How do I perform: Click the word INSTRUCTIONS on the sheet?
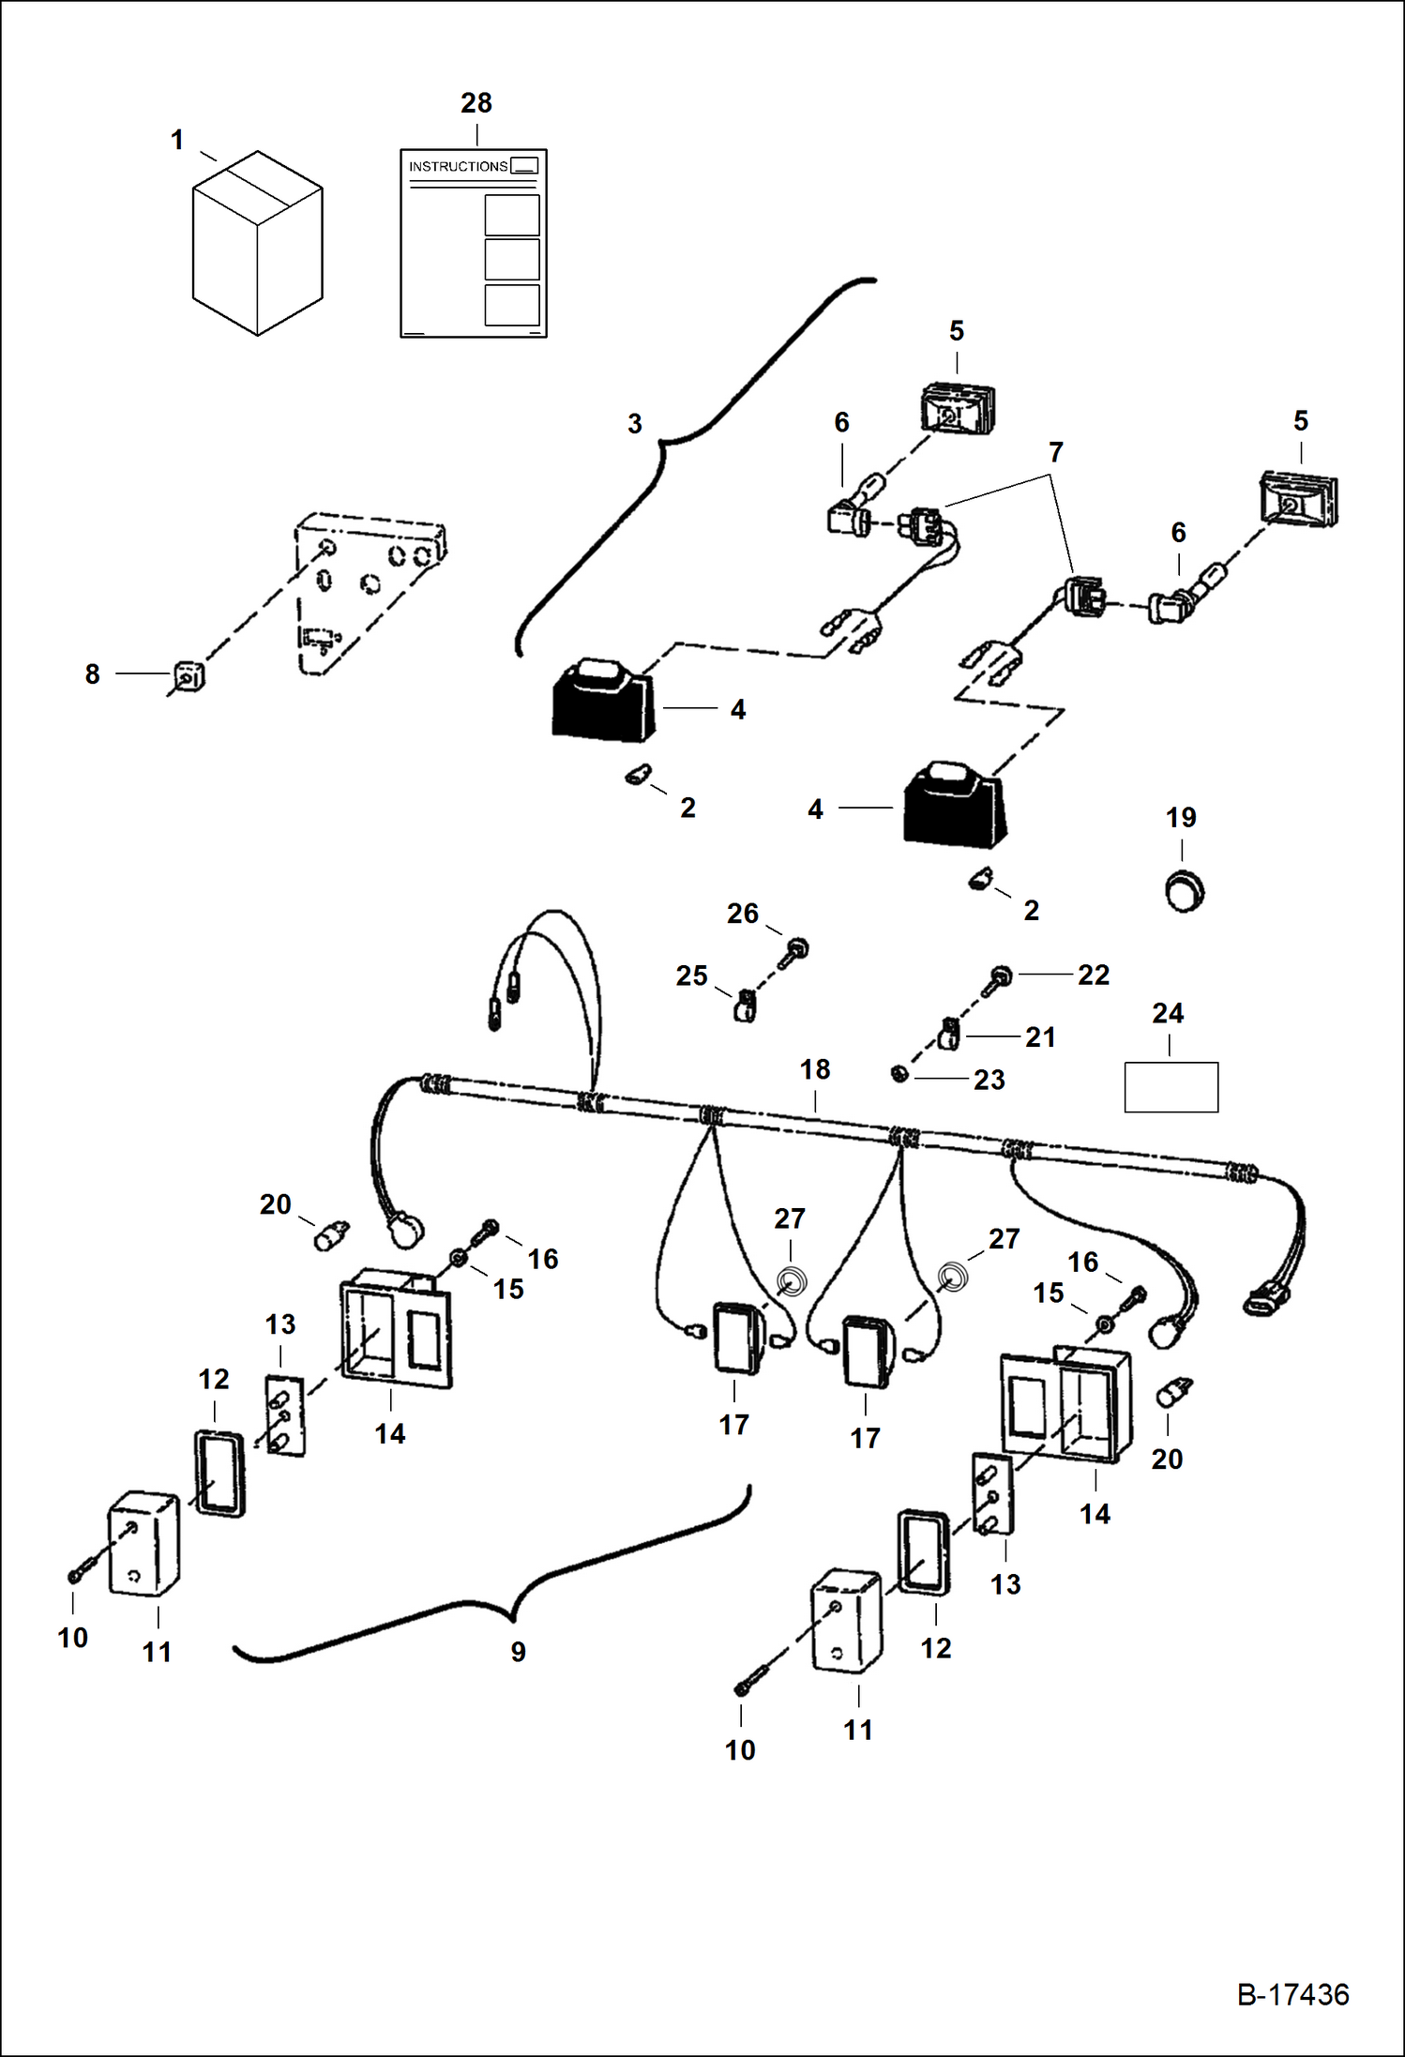point(458,167)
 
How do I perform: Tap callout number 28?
point(476,103)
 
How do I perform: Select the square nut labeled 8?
point(188,675)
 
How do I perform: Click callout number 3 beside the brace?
point(635,424)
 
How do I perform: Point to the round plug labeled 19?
point(1184,889)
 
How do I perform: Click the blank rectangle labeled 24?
point(1171,1087)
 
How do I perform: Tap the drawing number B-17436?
point(1293,1994)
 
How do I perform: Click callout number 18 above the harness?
point(815,1069)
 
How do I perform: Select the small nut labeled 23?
point(898,1073)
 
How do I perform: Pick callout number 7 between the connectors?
point(1056,452)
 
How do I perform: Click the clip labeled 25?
point(746,1008)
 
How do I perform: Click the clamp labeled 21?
point(947,1035)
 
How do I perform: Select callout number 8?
point(92,674)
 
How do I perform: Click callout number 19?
point(1181,818)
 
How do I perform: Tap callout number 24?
point(1168,1013)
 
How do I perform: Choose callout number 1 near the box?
point(176,141)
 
